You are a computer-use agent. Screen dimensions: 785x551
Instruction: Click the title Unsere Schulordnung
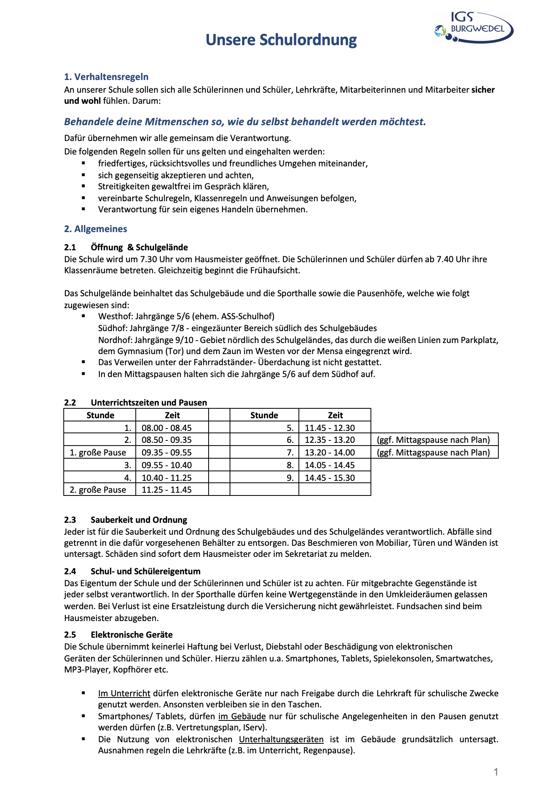[281, 40]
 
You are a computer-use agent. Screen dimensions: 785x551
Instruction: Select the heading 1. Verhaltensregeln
[106, 77]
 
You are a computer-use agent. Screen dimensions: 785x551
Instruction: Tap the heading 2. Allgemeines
[95, 229]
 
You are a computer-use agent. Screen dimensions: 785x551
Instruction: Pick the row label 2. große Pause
[98, 490]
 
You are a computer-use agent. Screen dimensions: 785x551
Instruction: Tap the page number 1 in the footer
[496, 772]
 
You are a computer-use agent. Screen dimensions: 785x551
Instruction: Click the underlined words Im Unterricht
[124, 693]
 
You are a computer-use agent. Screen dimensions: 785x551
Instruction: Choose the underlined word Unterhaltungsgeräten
[281, 739]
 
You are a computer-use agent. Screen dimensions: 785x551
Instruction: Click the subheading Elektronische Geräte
[131, 634]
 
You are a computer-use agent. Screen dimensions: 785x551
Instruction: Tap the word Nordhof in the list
[114, 340]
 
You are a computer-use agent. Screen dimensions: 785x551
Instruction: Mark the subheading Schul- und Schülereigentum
[145, 571]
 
